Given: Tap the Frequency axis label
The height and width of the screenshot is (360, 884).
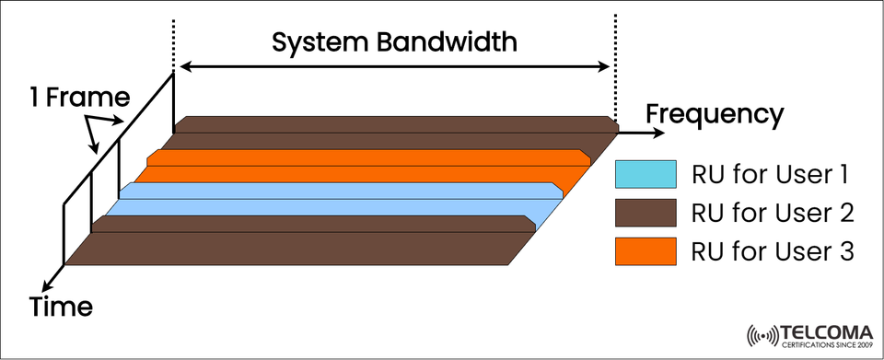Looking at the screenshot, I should [x=715, y=115].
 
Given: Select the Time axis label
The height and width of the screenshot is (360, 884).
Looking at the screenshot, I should [x=62, y=306].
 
